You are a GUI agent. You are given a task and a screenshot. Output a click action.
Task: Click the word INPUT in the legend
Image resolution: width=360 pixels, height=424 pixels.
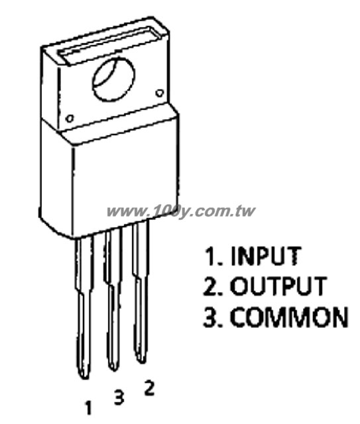click(x=266, y=256)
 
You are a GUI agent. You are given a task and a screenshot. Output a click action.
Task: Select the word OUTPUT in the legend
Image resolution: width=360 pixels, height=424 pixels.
click(x=278, y=286)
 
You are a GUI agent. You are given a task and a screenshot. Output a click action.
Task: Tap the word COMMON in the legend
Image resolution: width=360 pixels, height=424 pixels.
click(x=289, y=317)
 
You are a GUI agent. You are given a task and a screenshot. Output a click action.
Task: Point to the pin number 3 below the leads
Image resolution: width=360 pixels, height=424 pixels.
click(x=119, y=397)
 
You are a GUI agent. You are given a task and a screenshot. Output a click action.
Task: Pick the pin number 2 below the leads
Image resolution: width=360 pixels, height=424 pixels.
click(x=149, y=388)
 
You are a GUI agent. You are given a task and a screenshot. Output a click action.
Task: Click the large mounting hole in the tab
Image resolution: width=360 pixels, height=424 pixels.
click(x=113, y=79)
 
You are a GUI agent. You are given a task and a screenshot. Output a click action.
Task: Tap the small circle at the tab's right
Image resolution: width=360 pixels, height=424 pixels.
click(x=160, y=93)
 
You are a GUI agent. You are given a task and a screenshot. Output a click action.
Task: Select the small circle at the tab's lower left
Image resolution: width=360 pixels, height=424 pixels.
click(x=70, y=119)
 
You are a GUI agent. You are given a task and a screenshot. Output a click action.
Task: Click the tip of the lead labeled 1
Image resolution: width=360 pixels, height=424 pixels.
click(x=85, y=378)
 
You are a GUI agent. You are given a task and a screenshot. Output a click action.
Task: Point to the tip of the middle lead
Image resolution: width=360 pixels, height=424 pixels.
click(x=113, y=370)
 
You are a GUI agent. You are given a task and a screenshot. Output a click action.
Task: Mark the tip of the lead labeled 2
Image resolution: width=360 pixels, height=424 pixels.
click(x=141, y=362)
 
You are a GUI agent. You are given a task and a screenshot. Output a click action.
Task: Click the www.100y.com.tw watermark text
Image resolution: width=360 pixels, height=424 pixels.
click(x=181, y=212)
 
